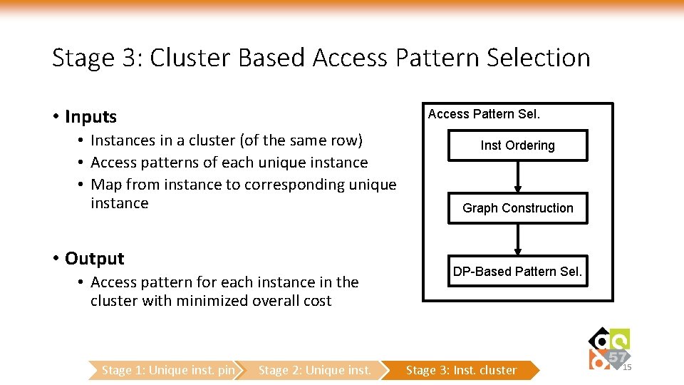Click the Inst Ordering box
(517, 145)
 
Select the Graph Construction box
(517, 208)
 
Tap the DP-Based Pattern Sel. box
(517, 272)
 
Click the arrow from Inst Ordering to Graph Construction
(517, 176)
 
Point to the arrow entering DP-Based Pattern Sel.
(517, 240)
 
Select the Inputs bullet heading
(90, 116)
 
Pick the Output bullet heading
(94, 258)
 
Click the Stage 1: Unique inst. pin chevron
(167, 370)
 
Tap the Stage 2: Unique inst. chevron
(315, 370)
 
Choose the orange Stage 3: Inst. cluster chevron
(462, 370)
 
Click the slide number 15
(627, 367)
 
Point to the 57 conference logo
(609, 349)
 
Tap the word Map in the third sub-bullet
(107, 185)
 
